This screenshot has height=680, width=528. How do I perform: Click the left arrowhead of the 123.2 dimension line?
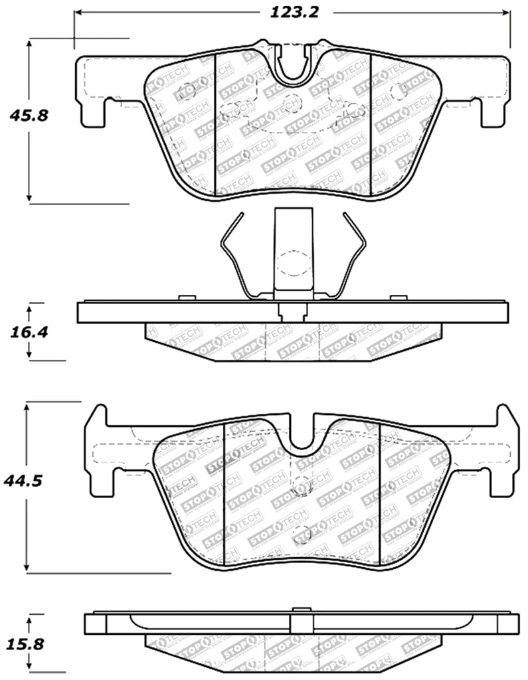[78, 13]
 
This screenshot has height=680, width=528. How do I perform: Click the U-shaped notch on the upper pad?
[293, 66]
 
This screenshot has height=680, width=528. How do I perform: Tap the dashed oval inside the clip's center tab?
[293, 264]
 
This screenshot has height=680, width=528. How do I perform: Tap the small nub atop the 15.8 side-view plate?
[302, 608]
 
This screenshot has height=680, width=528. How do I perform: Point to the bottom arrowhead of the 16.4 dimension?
[29, 355]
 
